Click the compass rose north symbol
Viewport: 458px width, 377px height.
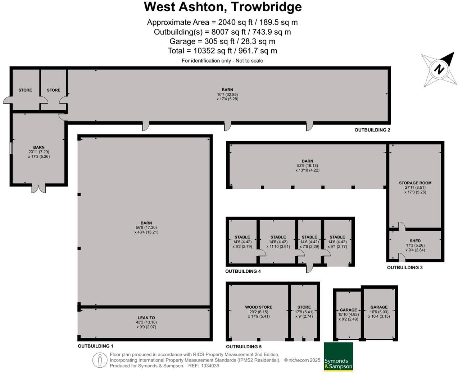pyautogui.click(x=439, y=69)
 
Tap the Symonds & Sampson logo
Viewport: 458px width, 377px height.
pyautogui.click(x=338, y=357)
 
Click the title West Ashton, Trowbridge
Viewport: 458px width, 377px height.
pyautogui.click(x=223, y=7)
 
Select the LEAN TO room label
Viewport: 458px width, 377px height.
pyautogui.click(x=146, y=318)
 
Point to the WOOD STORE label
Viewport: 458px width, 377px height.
pyautogui.click(x=259, y=307)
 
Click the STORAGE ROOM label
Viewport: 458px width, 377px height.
pyautogui.click(x=415, y=183)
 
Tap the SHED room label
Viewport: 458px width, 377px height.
pyautogui.click(x=415, y=241)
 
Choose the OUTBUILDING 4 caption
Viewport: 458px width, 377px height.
pyautogui.click(x=243, y=271)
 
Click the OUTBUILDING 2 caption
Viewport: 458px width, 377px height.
pyautogui.click(x=372, y=130)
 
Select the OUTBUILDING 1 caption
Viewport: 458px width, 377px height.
pyautogui.click(x=95, y=346)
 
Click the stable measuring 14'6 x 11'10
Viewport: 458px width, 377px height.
pyautogui.click(x=278, y=242)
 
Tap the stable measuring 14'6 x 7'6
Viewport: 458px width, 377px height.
pyautogui.click(x=309, y=242)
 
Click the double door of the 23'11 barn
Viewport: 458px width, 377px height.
pyautogui.click(x=39, y=188)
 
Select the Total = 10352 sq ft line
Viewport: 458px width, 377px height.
pyautogui.click(x=222, y=51)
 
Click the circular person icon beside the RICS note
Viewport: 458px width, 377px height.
pyautogui.click(x=100, y=360)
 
